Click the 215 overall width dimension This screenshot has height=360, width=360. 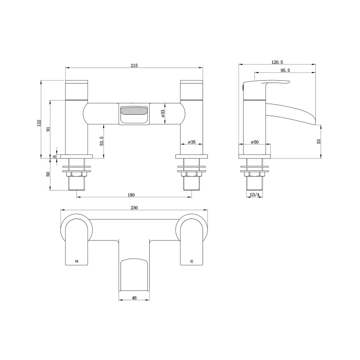pos(134,66)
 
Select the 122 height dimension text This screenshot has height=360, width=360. pos(39,123)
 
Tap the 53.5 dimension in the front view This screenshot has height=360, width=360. pos(101,141)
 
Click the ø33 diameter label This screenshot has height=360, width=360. pos(163,113)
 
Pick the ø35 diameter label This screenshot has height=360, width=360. pos(191,142)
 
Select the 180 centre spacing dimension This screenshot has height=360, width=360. pos(132,195)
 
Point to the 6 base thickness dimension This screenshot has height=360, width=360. pos(55,156)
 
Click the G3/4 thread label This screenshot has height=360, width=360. pos(254,195)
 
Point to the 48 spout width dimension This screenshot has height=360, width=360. pos(134,298)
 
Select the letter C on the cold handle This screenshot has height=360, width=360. pos(192,262)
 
